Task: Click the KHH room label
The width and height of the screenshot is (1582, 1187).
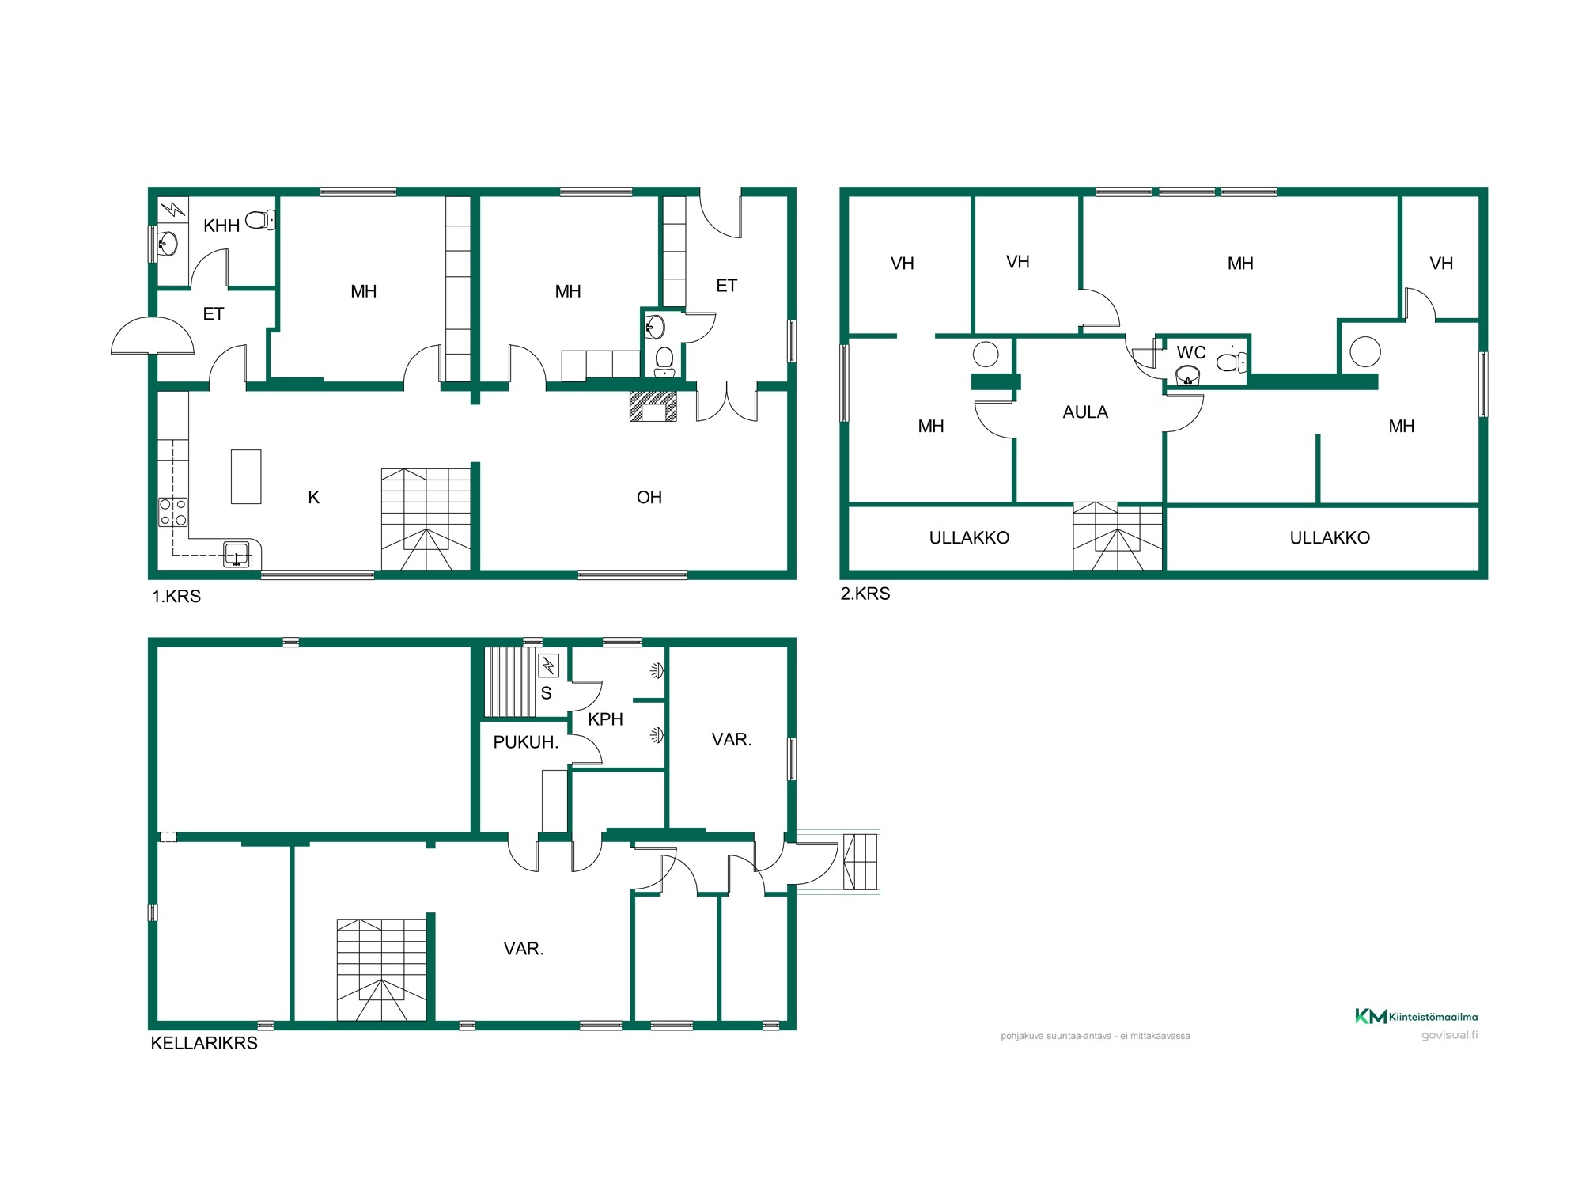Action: pyautogui.click(x=221, y=226)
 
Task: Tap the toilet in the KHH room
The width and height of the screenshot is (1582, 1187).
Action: pyautogui.click(x=260, y=220)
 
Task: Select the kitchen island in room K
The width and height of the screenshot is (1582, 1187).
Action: pyautogui.click(x=246, y=476)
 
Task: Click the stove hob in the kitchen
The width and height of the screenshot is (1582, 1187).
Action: pyautogui.click(x=173, y=512)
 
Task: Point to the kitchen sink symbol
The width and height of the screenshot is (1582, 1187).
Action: pyautogui.click(x=237, y=553)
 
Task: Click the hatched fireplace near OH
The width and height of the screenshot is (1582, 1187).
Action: pyautogui.click(x=653, y=406)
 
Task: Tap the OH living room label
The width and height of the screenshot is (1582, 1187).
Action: pyautogui.click(x=649, y=498)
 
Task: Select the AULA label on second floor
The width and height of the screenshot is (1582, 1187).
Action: pyautogui.click(x=1085, y=412)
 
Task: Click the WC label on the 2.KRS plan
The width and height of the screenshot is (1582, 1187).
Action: pyautogui.click(x=1191, y=353)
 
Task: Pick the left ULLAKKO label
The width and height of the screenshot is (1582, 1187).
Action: pyautogui.click(x=969, y=538)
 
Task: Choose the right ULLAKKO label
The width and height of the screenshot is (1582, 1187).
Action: pyautogui.click(x=1330, y=538)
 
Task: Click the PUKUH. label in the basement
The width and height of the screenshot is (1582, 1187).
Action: pyautogui.click(x=526, y=742)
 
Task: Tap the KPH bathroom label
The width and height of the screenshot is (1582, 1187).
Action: pyautogui.click(x=606, y=719)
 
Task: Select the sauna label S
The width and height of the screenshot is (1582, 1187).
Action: pyautogui.click(x=546, y=693)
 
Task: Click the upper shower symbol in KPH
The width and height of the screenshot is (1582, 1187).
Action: pyautogui.click(x=657, y=671)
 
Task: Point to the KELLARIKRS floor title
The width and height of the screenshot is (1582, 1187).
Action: pyautogui.click(x=204, y=1043)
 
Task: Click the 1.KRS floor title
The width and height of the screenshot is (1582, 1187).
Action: pyautogui.click(x=176, y=597)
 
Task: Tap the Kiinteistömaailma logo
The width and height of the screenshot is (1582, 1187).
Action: pyautogui.click(x=1416, y=1017)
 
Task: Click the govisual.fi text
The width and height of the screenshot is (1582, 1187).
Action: pyautogui.click(x=1449, y=1035)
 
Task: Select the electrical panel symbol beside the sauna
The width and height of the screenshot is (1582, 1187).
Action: pyautogui.click(x=549, y=666)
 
